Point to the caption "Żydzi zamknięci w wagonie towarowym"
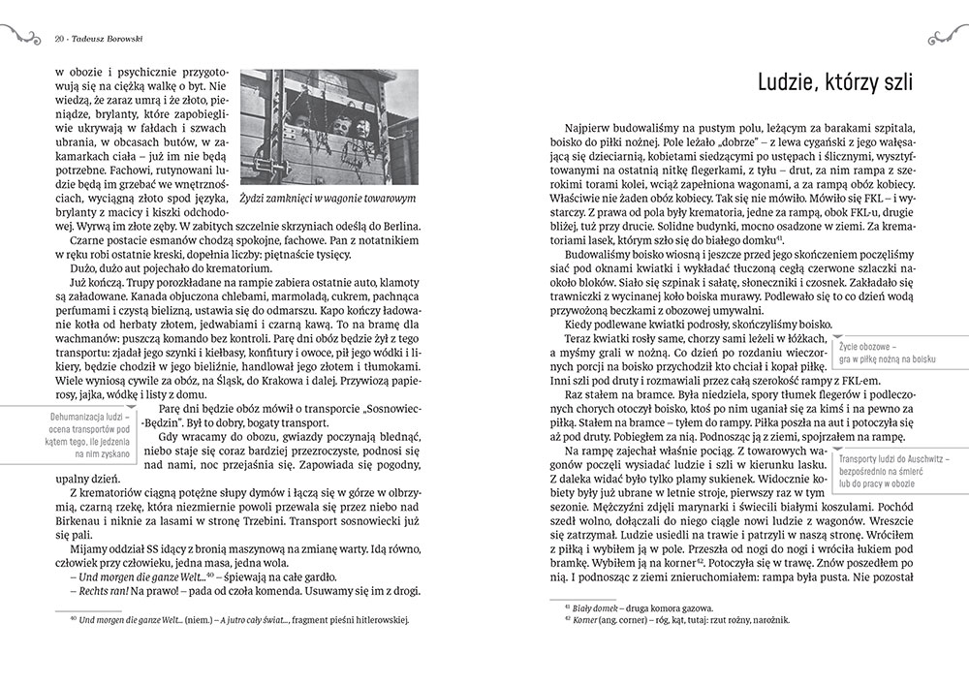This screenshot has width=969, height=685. click(x=328, y=198)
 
